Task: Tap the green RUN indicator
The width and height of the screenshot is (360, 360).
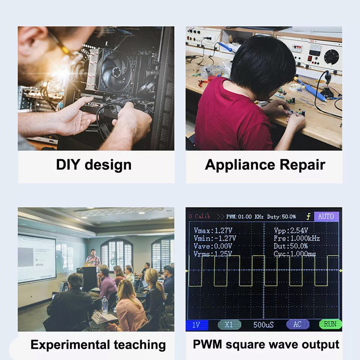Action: (x=330, y=324)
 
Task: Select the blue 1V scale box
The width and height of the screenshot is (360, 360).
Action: (x=197, y=324)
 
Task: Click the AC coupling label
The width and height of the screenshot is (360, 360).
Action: (x=297, y=324)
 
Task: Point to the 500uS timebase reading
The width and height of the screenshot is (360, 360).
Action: (x=264, y=324)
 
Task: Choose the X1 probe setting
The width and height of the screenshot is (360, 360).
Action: (x=229, y=324)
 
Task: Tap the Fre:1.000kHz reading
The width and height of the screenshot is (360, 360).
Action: (x=297, y=238)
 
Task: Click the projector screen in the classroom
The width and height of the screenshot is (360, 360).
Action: (x=37, y=258)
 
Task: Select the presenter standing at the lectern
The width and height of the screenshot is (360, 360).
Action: (x=93, y=258)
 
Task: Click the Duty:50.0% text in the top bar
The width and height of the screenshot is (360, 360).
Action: (x=281, y=216)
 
